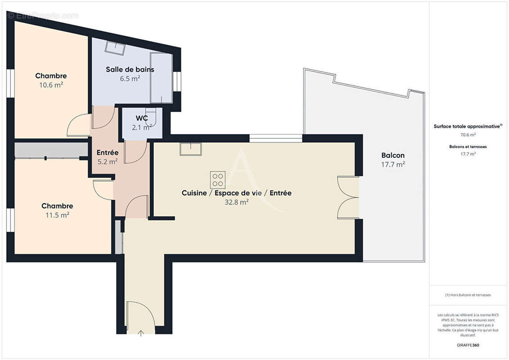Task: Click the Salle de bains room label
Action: pos(130,69)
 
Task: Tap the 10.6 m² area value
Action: pos(51,84)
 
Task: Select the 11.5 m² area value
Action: pos(57,215)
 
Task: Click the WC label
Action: pos(142,118)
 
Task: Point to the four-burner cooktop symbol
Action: pos(217,180)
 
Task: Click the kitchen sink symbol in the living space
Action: pos(190,148)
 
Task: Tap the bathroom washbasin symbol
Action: pos(116,48)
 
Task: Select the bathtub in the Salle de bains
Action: pos(161,77)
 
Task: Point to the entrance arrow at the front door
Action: pos(141,333)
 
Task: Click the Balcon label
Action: pos(393,155)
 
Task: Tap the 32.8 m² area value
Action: pos(237,202)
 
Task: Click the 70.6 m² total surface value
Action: pos(468,134)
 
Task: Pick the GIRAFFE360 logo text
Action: pos(468,345)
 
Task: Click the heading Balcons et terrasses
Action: pos(468,147)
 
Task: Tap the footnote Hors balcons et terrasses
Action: pos(468,295)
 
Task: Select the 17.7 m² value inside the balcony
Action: pos(393,164)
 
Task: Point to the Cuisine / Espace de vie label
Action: pos(236,193)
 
